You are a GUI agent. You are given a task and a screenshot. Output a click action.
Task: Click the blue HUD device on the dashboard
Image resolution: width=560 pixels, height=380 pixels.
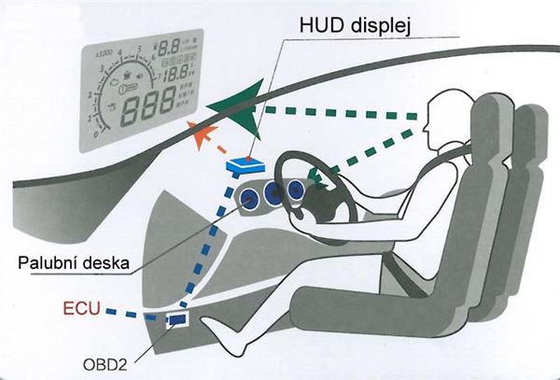245,167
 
